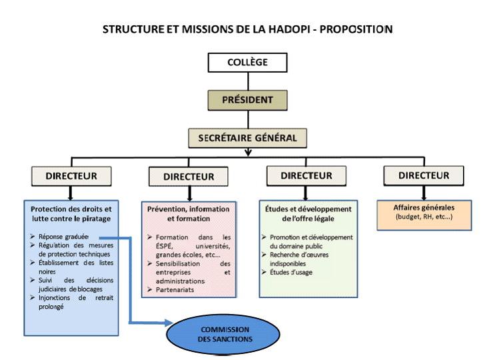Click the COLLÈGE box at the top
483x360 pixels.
[x=247, y=63]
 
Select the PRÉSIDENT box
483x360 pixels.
[x=247, y=101]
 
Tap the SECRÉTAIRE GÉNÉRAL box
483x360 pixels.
[x=248, y=138]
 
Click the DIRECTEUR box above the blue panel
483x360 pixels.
[x=71, y=176]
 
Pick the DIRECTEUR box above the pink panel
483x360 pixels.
[x=189, y=177]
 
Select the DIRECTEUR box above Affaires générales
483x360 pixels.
[x=424, y=176]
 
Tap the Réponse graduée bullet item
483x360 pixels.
[x=59, y=237]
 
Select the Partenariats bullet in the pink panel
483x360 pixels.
[x=175, y=290]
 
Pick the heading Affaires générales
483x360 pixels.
[x=424, y=207]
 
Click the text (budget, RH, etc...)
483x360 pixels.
[x=424, y=217]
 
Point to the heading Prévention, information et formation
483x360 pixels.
[x=189, y=213]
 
